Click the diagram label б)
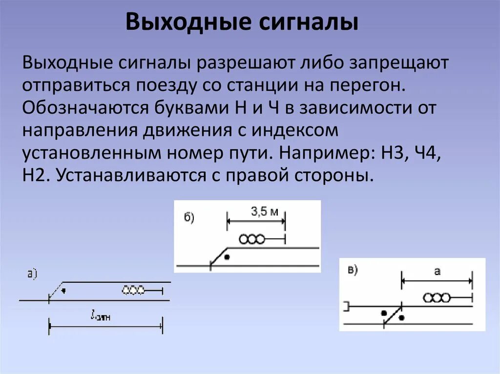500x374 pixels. point(189,217)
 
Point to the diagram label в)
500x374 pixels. point(353,270)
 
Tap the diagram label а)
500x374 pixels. point(33,275)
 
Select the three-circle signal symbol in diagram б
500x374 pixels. point(252,239)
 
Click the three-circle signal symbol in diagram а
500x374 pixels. point(133,291)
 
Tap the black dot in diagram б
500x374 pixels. point(227,256)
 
